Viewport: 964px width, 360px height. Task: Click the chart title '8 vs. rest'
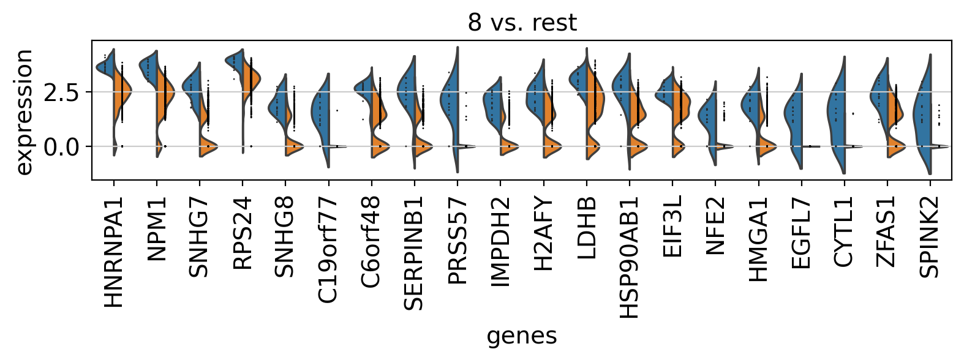(522, 23)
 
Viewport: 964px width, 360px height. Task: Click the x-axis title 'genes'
(522, 336)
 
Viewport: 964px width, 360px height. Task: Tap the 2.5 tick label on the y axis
(61, 92)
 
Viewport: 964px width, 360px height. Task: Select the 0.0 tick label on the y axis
(61, 146)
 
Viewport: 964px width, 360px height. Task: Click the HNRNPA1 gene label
(114, 252)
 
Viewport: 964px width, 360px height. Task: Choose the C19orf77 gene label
(329, 250)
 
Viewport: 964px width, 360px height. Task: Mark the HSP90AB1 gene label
(630, 258)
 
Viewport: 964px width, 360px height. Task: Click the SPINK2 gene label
(930, 237)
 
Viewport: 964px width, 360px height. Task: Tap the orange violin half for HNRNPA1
(122, 92)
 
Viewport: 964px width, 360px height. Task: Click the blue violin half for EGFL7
(794, 116)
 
